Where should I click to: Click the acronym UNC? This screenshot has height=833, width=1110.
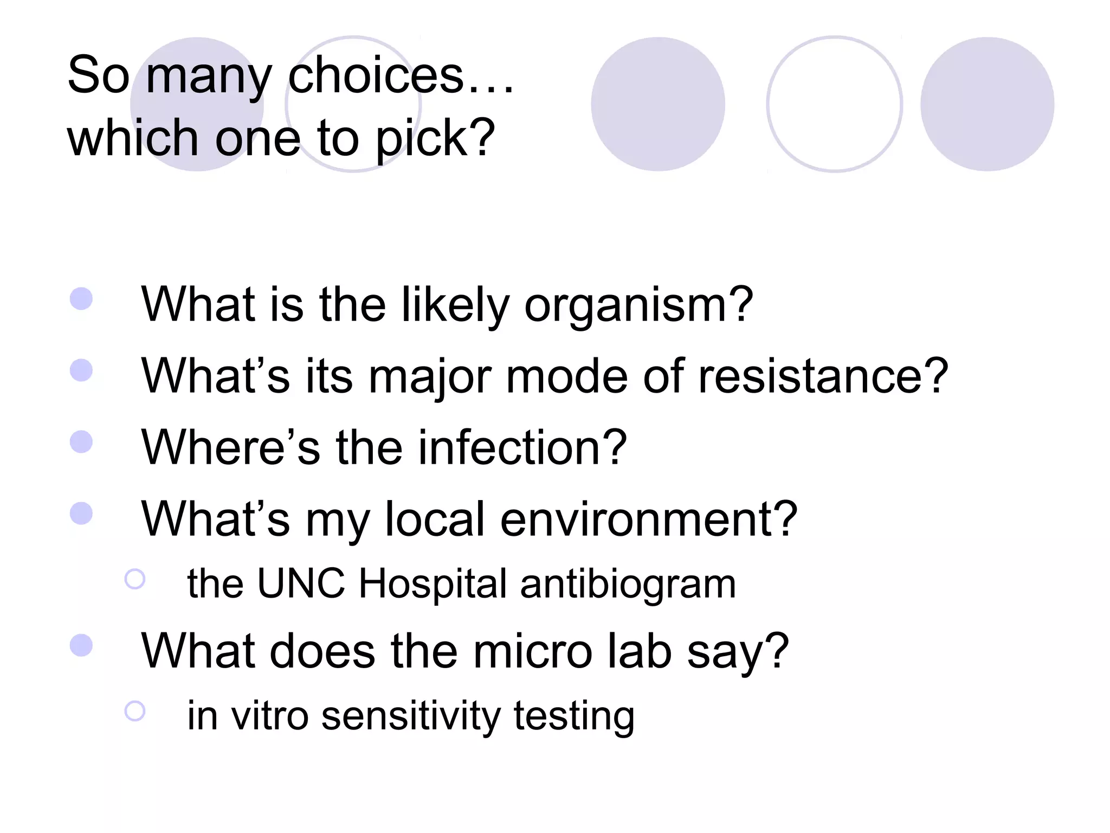click(x=301, y=584)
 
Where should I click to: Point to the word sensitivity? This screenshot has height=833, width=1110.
click(x=411, y=716)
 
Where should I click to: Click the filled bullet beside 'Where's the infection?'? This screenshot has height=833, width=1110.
click(x=81, y=441)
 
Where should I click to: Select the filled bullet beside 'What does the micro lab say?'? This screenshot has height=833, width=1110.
click(x=81, y=645)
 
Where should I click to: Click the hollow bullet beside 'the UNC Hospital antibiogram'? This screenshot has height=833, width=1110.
click(x=135, y=579)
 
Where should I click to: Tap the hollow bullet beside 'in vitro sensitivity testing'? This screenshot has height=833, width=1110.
click(x=135, y=711)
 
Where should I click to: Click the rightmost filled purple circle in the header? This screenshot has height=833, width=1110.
click(x=987, y=104)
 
